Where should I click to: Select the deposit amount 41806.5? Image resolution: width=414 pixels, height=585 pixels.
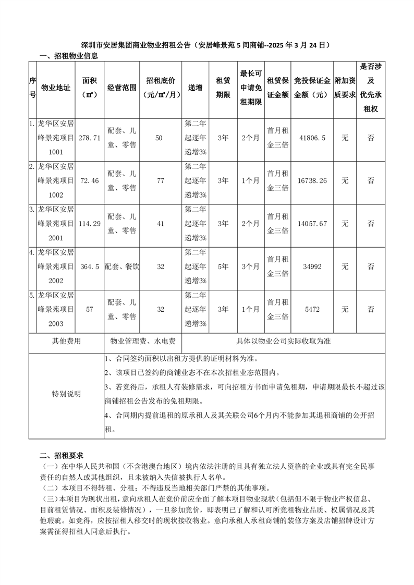[x=313, y=138]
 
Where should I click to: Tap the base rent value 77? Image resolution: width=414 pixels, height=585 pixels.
[x=161, y=180]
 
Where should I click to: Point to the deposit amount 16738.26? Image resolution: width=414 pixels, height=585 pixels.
[x=313, y=180]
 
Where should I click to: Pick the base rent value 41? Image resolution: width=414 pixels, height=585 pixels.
[x=161, y=223]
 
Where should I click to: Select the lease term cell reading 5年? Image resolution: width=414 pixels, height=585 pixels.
[x=223, y=266]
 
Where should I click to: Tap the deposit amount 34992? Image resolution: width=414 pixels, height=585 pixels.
[x=313, y=266]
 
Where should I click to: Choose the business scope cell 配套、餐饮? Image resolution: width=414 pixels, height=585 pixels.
[x=123, y=266]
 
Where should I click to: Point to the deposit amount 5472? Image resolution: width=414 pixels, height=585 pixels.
[x=313, y=309]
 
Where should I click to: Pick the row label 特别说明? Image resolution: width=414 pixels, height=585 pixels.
[x=66, y=394]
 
